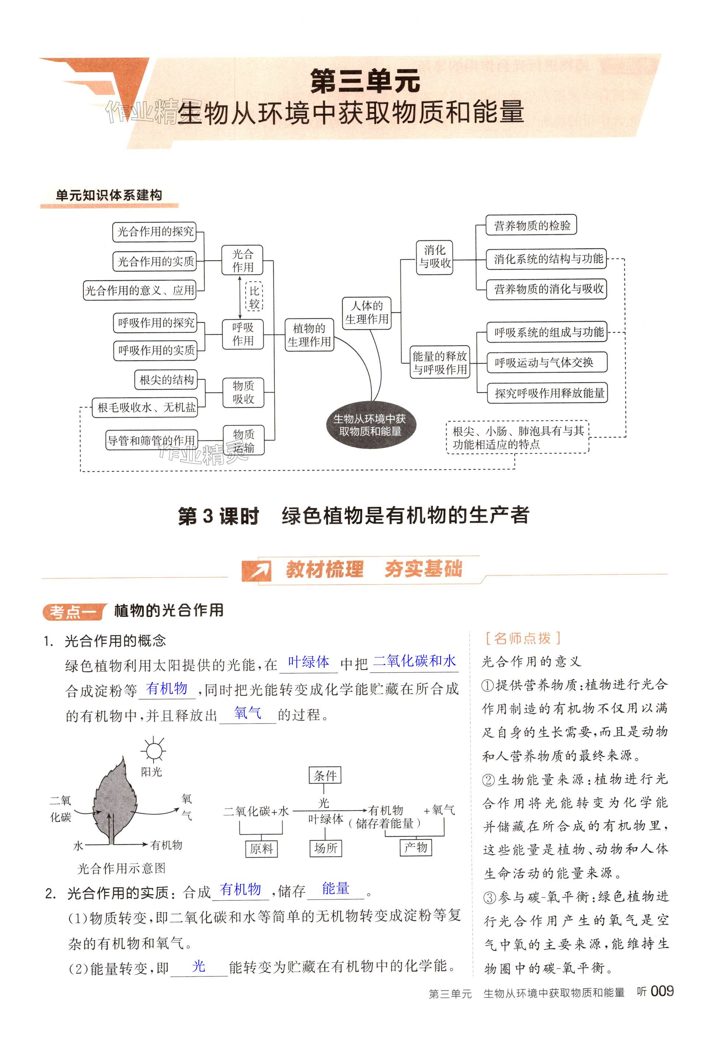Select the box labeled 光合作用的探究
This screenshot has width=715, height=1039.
pos(155,232)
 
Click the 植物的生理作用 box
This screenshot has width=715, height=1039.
pos(309,335)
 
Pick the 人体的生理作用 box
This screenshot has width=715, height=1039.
pos(367,313)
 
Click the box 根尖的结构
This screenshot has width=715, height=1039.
pos(166,380)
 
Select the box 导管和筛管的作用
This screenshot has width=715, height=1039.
pos(151,440)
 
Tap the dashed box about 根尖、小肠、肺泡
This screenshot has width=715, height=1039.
pos(518,437)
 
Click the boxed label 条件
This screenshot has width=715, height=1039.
pos(325,775)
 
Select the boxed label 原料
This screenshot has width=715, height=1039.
pos(262,848)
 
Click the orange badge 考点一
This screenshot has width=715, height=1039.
pos(73,612)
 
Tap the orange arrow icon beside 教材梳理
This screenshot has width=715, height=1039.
pos(257,570)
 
